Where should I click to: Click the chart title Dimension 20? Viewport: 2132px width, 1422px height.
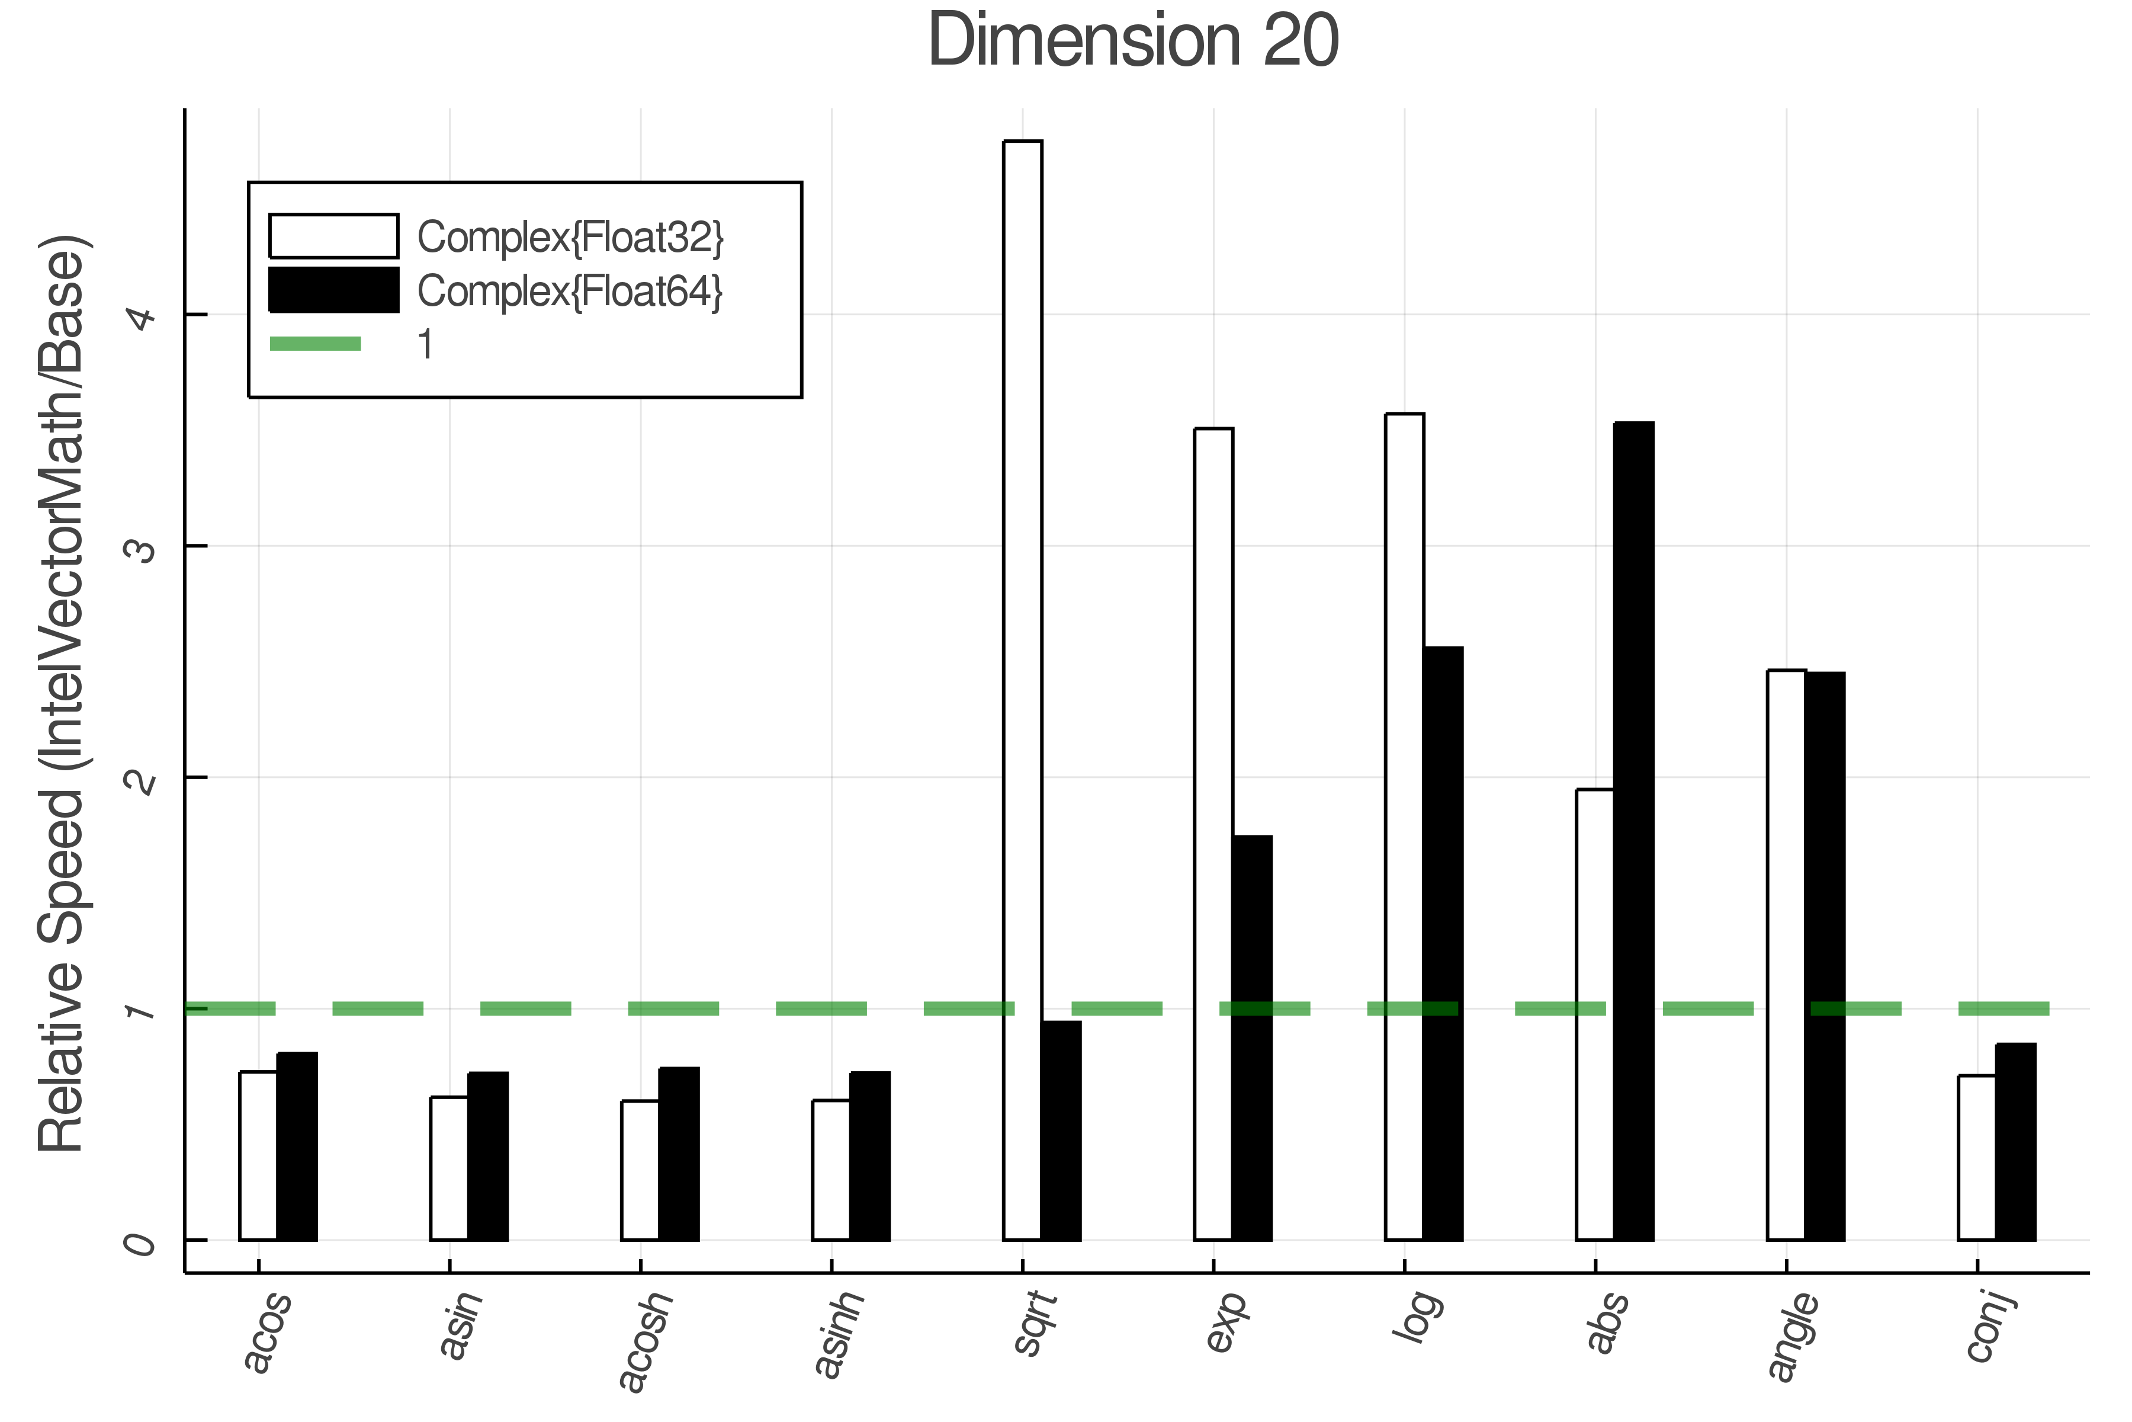pyautogui.click(x=1133, y=41)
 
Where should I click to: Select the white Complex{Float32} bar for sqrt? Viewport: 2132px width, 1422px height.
pyautogui.click(x=1023, y=689)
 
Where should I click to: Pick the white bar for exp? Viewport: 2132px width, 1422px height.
pyautogui.click(x=1213, y=834)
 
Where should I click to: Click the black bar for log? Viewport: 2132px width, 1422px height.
pyautogui.click(x=1442, y=943)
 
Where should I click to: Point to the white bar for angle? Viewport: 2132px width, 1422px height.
pyautogui.click(x=1786, y=954)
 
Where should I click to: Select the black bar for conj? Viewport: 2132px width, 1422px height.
pyautogui.click(x=2015, y=1142)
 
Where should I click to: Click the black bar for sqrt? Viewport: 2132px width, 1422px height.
pyautogui.click(x=1061, y=1130)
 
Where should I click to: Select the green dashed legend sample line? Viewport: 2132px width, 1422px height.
pyautogui.click(x=316, y=344)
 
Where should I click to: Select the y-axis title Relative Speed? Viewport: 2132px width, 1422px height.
pyautogui.click(x=62, y=694)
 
